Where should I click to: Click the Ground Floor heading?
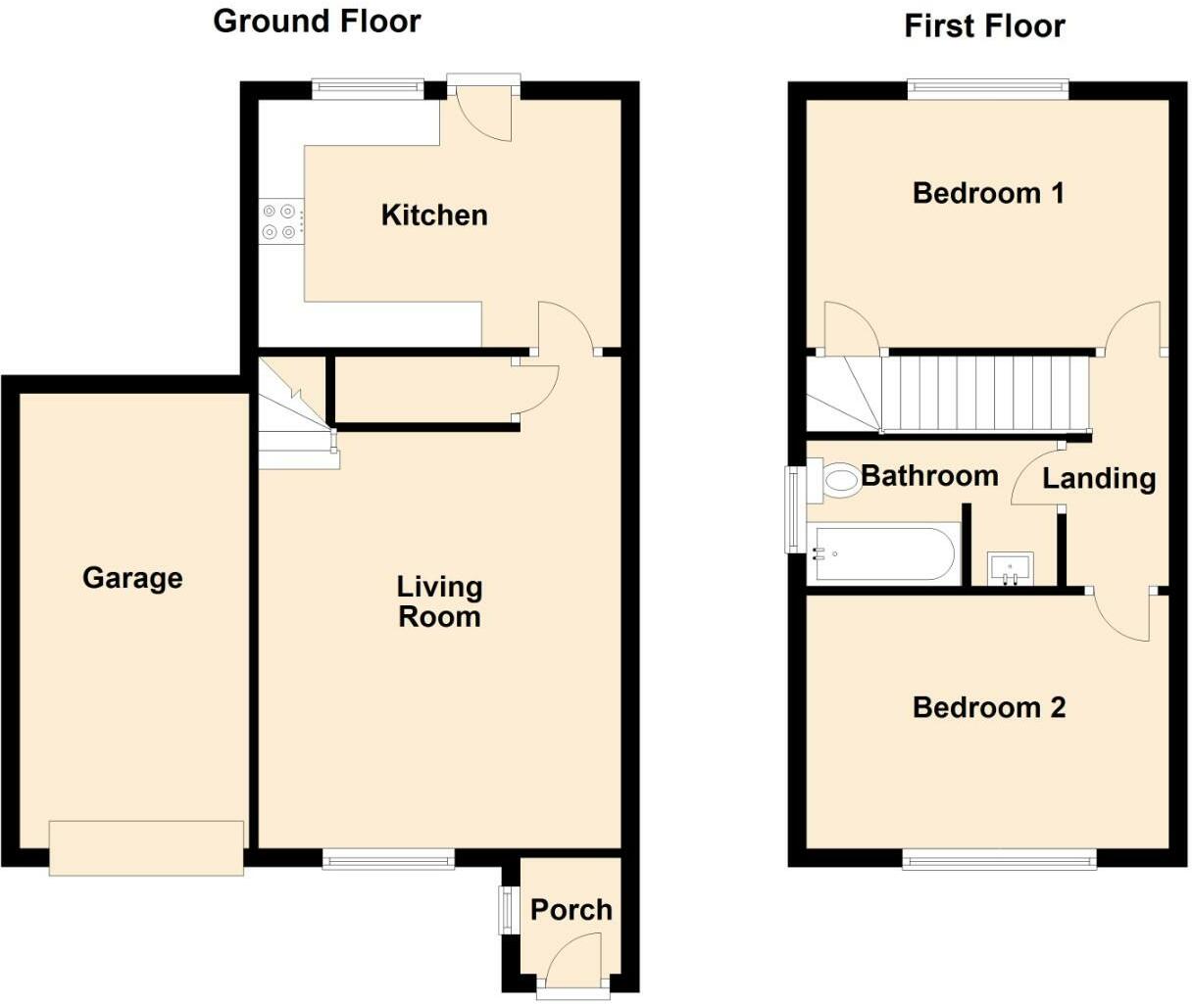[317, 22]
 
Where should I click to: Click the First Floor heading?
[985, 26]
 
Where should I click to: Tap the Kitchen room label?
[434, 215]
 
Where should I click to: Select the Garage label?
[133, 579]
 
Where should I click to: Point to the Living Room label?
[439, 601]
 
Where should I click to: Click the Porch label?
[571, 910]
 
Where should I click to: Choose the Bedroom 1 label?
[989, 193]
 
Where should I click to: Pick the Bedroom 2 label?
[989, 707]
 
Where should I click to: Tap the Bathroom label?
[929, 476]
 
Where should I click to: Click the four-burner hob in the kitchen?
[281, 221]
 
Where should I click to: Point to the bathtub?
[884, 554]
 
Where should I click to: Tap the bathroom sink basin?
[1011, 569]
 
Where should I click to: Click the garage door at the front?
[146, 847]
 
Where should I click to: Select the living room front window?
[388, 858]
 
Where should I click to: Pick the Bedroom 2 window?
[999, 858]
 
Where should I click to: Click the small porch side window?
[506, 909]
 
